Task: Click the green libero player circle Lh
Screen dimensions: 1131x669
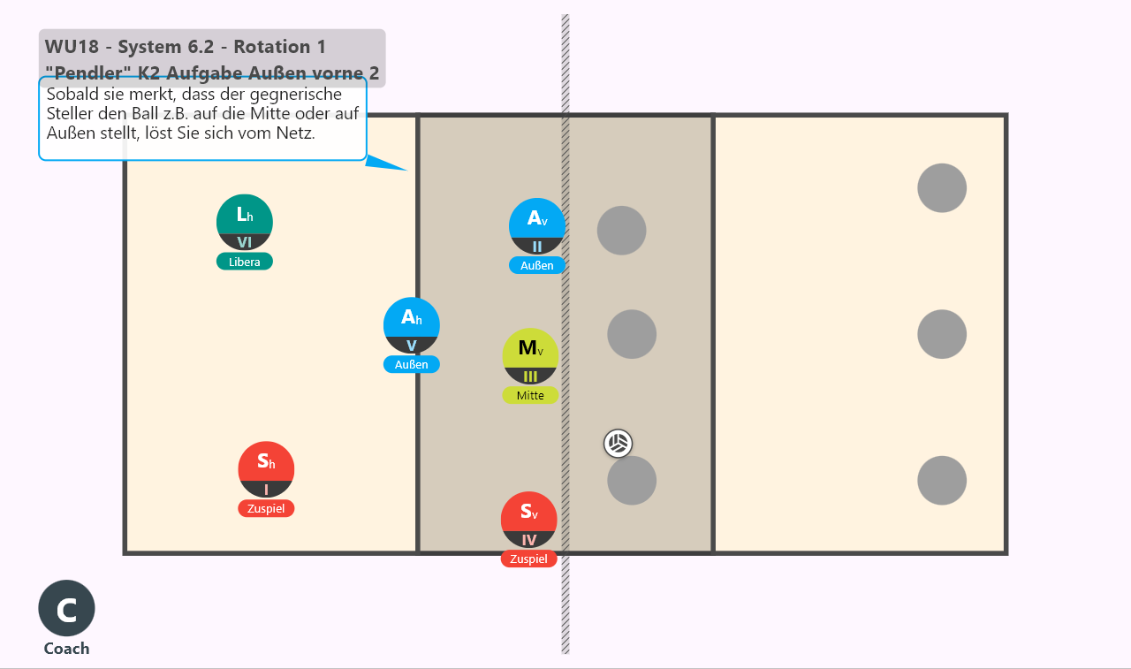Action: pyautogui.click(x=245, y=222)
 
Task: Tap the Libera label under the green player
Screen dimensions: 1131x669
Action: pyautogui.click(x=245, y=262)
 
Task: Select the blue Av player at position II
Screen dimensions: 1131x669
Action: pyautogui.click(x=536, y=226)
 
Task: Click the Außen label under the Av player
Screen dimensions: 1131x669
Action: pyautogui.click(x=536, y=265)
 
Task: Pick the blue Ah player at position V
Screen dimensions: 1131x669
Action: pyautogui.click(x=412, y=325)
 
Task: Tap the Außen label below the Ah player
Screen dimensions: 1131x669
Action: pyautogui.click(x=412, y=364)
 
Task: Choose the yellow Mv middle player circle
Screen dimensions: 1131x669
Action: pyautogui.click(x=530, y=356)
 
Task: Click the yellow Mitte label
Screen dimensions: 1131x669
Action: pyautogui.click(x=530, y=395)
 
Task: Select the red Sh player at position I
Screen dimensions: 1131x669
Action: pyautogui.click(x=266, y=469)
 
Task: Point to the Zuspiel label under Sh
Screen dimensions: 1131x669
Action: pyautogui.click(x=266, y=508)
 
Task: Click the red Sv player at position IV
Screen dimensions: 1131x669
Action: pyautogui.click(x=528, y=520)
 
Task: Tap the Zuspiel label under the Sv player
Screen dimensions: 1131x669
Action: pyautogui.click(x=528, y=559)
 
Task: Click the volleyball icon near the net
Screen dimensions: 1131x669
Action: pyautogui.click(x=618, y=444)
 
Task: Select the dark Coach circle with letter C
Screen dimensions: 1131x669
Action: pyautogui.click(x=66, y=608)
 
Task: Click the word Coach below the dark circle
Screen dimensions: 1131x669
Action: pyautogui.click(x=66, y=649)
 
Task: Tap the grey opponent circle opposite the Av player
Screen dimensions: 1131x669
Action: pyautogui.click(x=621, y=231)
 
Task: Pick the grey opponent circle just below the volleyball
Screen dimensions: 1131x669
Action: pyautogui.click(x=632, y=481)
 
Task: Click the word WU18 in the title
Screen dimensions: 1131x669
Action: pyautogui.click(x=72, y=47)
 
